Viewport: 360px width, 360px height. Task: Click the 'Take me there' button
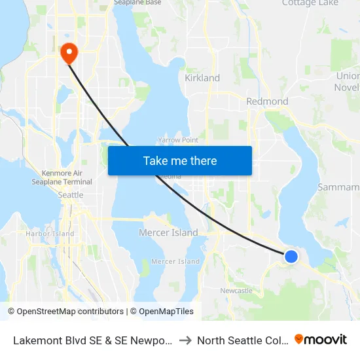[x=180, y=160]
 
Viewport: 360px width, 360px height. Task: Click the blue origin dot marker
[x=291, y=257]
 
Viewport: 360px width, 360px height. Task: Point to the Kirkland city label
[x=202, y=78]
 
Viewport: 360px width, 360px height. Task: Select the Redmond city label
[x=267, y=101]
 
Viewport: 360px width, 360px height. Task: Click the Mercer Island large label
[x=168, y=232]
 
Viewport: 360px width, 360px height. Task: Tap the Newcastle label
[x=236, y=290]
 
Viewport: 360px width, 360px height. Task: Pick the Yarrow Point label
[x=178, y=140]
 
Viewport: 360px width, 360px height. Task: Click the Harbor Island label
[x=50, y=233]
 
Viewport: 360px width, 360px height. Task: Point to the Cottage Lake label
[x=310, y=3]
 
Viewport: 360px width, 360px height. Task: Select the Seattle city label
[x=71, y=194]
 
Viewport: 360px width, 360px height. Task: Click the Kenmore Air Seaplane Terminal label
[x=67, y=177]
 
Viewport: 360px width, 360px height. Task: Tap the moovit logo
[x=321, y=339]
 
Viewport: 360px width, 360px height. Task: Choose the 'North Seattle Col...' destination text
[x=240, y=340]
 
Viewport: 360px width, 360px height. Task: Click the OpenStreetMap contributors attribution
[x=66, y=312]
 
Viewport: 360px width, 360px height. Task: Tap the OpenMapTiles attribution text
[x=166, y=312]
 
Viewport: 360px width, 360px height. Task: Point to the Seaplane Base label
[x=137, y=3]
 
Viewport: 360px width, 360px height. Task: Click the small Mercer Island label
[x=175, y=261]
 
